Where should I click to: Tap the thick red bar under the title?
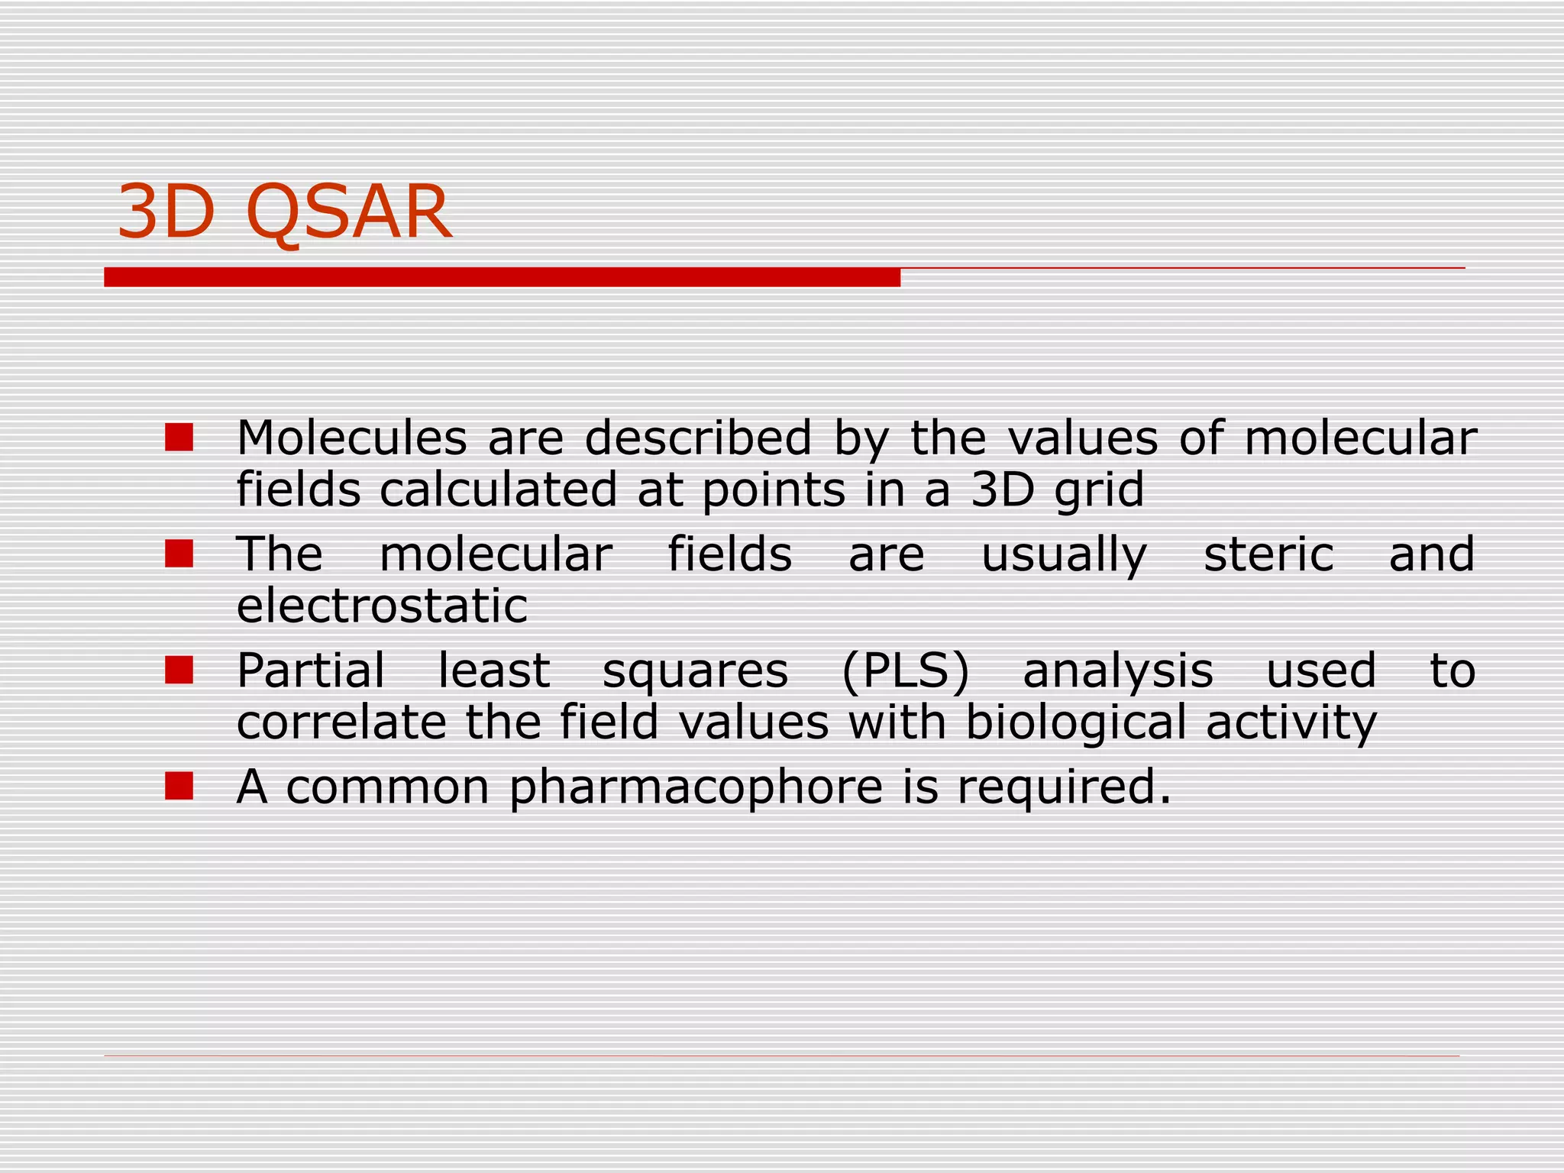point(502,277)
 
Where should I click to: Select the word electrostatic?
point(382,606)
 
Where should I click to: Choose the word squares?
point(695,672)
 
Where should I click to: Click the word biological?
point(1075,722)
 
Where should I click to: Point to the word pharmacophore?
point(696,787)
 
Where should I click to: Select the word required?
point(1063,787)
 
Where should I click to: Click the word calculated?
point(498,490)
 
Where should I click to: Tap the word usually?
point(1064,555)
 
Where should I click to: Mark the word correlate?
point(341,722)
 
